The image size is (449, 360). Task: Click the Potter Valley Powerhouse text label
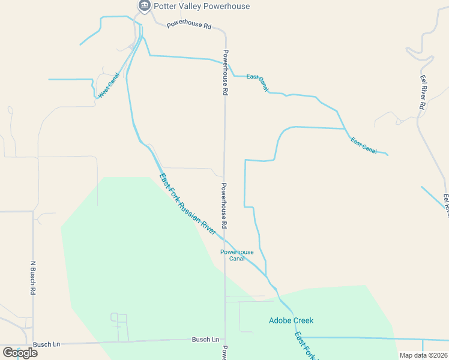pyautogui.click(x=202, y=6)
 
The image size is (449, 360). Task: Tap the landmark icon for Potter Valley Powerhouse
pyautogui.click(x=144, y=5)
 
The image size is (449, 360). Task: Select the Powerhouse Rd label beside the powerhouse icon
pyautogui.click(x=189, y=26)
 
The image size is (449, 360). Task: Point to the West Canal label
pyautogui.click(x=109, y=86)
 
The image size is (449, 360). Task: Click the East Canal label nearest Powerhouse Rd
pyautogui.click(x=257, y=82)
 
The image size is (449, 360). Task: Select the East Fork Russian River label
pyautogui.click(x=188, y=204)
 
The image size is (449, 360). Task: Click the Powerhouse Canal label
pyautogui.click(x=237, y=255)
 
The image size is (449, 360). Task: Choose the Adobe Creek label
pyautogui.click(x=291, y=320)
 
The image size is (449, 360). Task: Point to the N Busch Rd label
pyautogui.click(x=33, y=278)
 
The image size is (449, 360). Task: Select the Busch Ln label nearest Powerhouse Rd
pyautogui.click(x=205, y=340)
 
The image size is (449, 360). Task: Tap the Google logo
pyautogui.click(x=20, y=353)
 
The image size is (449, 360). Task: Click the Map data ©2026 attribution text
pyautogui.click(x=423, y=355)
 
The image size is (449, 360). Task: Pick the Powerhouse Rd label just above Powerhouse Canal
pyautogui.click(x=224, y=205)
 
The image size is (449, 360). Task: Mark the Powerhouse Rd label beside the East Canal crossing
pyautogui.click(x=226, y=73)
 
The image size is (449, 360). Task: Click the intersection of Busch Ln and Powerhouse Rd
pyautogui.click(x=225, y=339)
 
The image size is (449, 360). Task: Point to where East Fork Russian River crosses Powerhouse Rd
pyautogui.click(x=225, y=238)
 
